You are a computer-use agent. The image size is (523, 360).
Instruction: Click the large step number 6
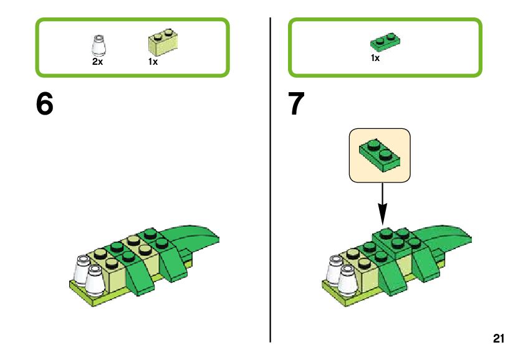45,105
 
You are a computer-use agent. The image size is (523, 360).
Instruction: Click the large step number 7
297,105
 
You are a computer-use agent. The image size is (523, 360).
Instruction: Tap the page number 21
497,339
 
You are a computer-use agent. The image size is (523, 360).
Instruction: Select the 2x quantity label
97,62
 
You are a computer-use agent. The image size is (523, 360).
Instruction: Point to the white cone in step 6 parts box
98,47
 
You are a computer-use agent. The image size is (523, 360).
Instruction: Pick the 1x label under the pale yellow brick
153,62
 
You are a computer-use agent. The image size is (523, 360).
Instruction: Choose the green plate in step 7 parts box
385,42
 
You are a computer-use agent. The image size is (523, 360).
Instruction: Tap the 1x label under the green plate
375,59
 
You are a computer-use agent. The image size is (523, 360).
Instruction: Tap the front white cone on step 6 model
95,281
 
